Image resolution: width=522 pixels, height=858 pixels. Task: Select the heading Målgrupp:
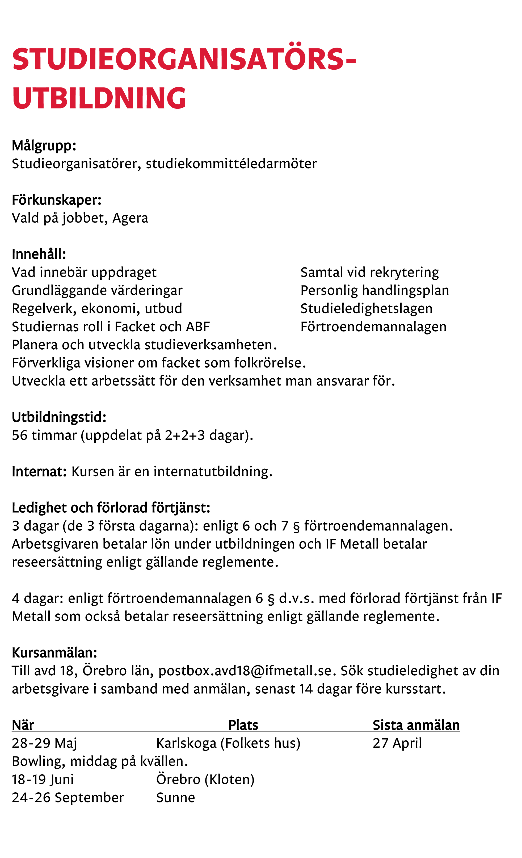tap(44, 145)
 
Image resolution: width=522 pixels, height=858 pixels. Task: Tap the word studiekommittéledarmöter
tap(231, 164)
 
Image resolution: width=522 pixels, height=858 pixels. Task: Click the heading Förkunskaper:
tap(56, 200)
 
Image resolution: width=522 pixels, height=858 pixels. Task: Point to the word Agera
tap(130, 218)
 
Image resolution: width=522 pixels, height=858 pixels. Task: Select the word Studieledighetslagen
tap(367, 308)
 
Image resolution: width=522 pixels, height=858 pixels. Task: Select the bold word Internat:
tap(39, 471)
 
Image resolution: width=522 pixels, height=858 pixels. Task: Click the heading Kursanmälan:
tap(54, 652)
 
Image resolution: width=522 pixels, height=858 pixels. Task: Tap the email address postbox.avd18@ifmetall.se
tap(245, 671)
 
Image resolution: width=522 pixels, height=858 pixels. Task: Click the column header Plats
tap(243, 725)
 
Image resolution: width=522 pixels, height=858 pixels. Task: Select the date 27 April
tap(397, 743)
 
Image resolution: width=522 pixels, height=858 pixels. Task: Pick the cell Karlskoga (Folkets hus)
tap(228, 743)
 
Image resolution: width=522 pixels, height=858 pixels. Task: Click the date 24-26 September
tap(68, 797)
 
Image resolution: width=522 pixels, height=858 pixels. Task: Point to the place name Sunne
tap(175, 797)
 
